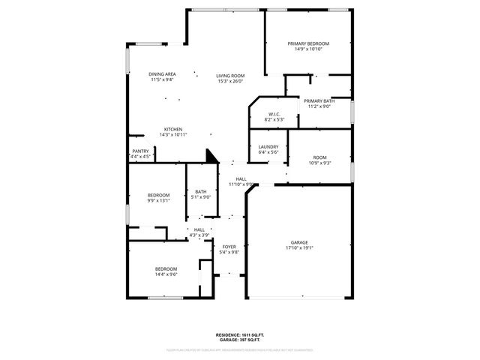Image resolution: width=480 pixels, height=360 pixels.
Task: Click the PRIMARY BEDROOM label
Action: pyautogui.click(x=308, y=43)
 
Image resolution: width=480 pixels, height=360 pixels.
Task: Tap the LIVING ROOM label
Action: pyautogui.click(x=230, y=76)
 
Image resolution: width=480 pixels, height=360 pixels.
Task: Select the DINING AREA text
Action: pyautogui.click(x=162, y=74)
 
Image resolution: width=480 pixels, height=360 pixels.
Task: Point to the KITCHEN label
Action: pyautogui.click(x=173, y=129)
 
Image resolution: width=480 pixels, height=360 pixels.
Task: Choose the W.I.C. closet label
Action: pyautogui.click(x=274, y=114)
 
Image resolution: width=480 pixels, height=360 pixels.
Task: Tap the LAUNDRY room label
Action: pyautogui.click(x=268, y=147)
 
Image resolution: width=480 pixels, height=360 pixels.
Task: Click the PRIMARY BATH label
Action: pyautogui.click(x=319, y=100)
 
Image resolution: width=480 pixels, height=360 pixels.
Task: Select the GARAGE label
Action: pyautogui.click(x=300, y=242)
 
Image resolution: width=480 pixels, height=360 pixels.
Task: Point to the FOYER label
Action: pyautogui.click(x=229, y=247)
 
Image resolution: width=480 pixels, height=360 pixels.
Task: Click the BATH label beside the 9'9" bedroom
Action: pyautogui.click(x=201, y=192)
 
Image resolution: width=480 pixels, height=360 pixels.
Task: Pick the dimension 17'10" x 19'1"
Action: pyautogui.click(x=300, y=247)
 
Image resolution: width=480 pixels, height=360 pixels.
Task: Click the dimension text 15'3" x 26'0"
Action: pyautogui.click(x=230, y=81)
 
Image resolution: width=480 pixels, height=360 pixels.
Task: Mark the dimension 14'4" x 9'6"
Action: pyautogui.click(x=166, y=274)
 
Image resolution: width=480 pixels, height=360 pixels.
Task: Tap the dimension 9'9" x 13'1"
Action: pyautogui.click(x=158, y=200)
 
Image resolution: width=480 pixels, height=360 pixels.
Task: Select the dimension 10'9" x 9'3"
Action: pyautogui.click(x=319, y=163)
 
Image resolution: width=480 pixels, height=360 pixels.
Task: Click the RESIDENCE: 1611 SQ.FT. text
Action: pyautogui.click(x=239, y=334)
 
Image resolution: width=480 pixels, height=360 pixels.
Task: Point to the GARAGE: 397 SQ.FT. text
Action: pyautogui.click(x=239, y=340)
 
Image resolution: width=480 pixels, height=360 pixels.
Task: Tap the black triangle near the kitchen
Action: pyautogui.click(x=211, y=156)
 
